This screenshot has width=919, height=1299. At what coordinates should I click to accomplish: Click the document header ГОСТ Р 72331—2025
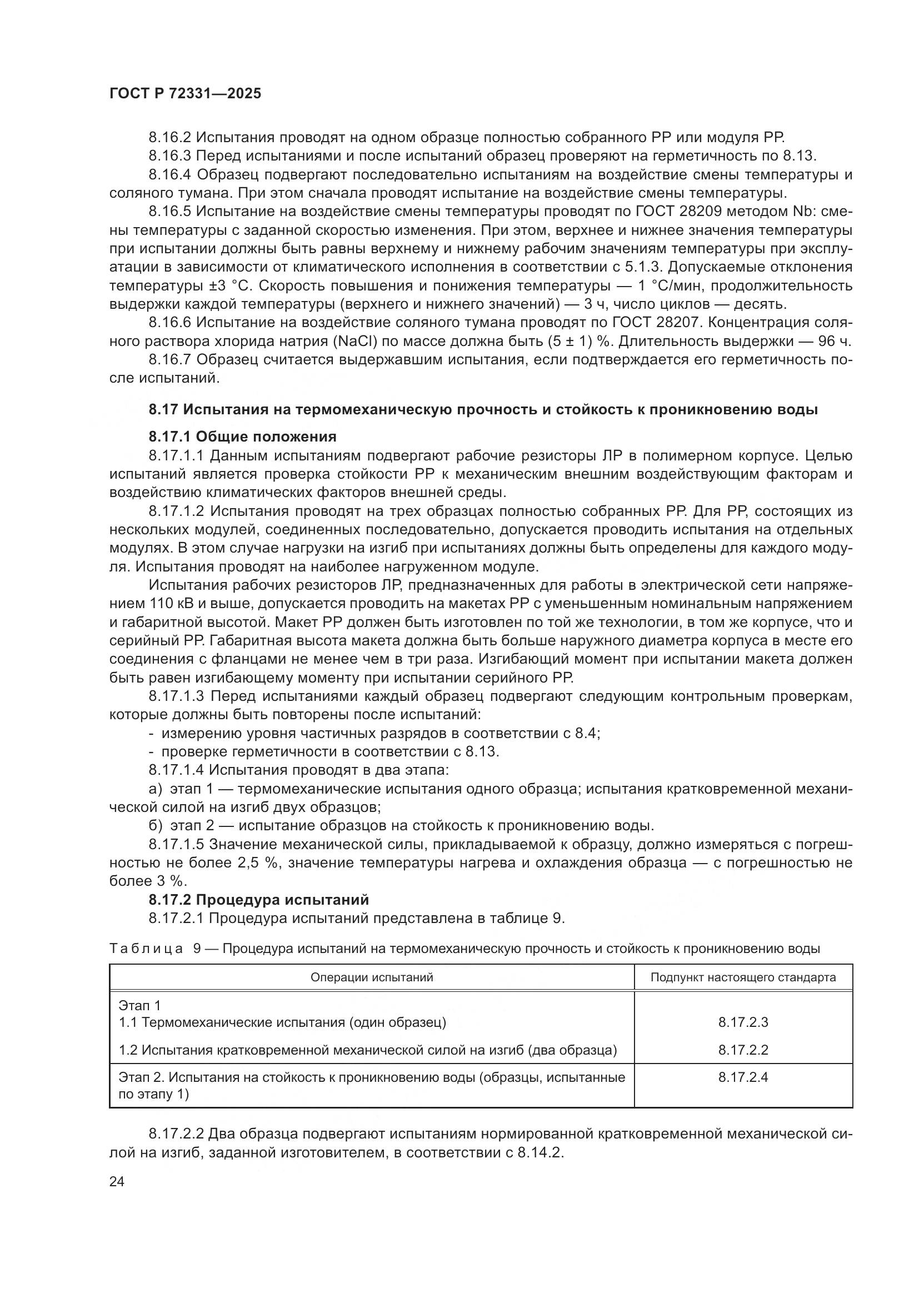pos(185,94)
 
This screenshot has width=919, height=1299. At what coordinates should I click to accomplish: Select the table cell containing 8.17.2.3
pos(742,1022)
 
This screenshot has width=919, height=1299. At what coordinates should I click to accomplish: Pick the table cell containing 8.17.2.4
pos(742,1077)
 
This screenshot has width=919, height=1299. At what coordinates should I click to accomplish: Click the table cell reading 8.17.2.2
pos(742,1050)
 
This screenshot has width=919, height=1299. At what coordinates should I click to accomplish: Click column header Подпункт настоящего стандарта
pos(742,977)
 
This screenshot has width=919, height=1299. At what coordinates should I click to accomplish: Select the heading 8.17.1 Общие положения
pos(242,437)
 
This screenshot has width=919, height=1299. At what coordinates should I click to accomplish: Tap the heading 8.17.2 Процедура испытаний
pos(258,900)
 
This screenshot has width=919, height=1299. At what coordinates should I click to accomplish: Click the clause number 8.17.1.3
pos(177,696)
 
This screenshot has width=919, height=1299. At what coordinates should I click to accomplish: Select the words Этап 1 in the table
pos(139,1005)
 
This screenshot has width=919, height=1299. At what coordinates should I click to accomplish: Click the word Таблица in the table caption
pos(146,949)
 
